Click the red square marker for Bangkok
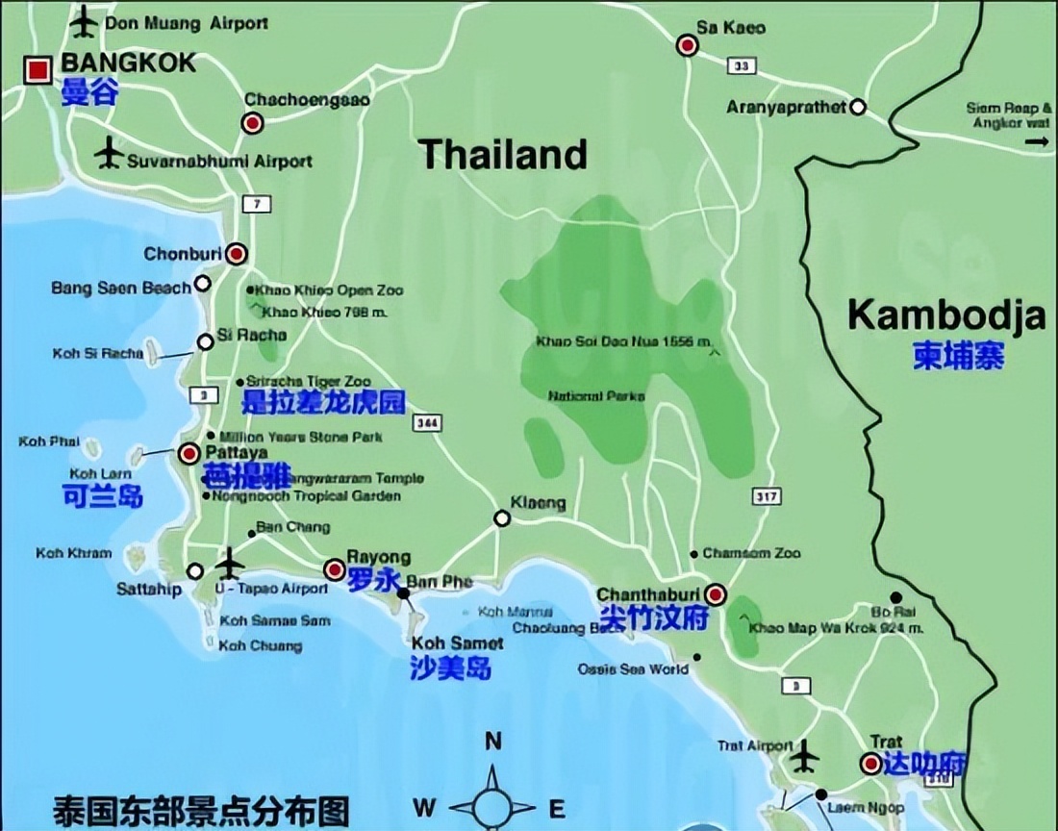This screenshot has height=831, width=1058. point(39,69)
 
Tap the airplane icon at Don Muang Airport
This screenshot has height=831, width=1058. point(86,20)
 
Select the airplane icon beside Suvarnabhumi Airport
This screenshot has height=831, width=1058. point(109,152)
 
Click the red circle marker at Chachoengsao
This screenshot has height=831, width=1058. point(252,123)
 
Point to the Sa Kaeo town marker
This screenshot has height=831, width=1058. point(687,45)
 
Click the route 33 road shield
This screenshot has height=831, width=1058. point(739,67)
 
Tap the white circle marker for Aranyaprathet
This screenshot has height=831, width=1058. point(858,108)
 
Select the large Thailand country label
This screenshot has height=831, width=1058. point(502,154)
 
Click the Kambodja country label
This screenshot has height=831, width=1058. point(946,315)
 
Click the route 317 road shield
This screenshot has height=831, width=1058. point(767,496)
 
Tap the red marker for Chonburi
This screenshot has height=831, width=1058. point(237,254)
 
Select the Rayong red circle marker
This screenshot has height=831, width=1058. point(335,569)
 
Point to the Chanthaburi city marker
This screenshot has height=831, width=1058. point(716,593)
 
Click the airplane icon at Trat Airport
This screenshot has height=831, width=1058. point(804,758)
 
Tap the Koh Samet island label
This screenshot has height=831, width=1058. point(457,643)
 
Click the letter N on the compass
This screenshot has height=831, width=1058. point(493,741)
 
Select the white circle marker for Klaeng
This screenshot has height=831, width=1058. point(502,519)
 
